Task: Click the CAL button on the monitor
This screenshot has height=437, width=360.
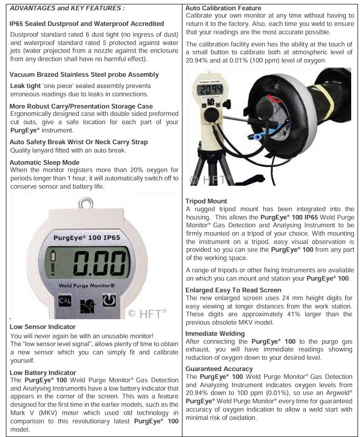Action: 65,300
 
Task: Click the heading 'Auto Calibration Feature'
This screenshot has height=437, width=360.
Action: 223,8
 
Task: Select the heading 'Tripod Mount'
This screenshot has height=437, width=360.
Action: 206,201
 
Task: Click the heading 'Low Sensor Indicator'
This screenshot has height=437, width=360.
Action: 43,327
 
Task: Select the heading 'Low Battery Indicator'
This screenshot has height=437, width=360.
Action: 43,372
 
